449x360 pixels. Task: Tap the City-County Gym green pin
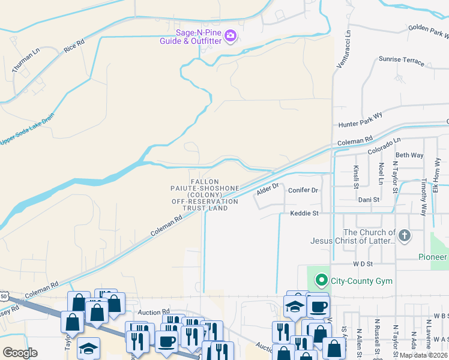(321, 280)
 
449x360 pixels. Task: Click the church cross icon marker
(404, 236)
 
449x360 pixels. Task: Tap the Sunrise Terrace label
(401, 61)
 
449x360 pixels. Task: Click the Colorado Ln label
(384, 145)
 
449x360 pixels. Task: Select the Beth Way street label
(409, 155)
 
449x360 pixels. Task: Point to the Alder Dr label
(268, 189)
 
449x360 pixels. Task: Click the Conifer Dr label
(302, 190)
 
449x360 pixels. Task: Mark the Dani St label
(369, 199)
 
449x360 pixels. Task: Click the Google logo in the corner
(20, 352)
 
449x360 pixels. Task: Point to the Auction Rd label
(150, 312)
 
